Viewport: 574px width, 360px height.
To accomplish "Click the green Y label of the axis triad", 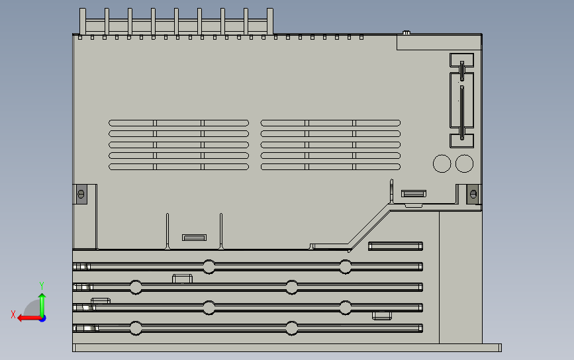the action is [x=42, y=286].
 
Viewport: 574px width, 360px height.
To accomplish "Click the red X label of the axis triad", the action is [x=13, y=314].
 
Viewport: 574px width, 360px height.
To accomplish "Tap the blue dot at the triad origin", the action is [x=43, y=319].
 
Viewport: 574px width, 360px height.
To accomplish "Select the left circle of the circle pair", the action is [x=442, y=163].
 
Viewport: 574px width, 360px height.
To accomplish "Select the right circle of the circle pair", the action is [x=464, y=163].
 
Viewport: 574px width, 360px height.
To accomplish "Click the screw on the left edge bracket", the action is [x=81, y=195].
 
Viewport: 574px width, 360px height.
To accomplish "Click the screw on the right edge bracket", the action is [x=473, y=195].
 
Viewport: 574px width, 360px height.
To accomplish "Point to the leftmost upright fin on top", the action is [x=82, y=21].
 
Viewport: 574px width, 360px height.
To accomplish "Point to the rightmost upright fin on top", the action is [x=270, y=21].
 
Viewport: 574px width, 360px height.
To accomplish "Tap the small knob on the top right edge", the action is [x=407, y=32].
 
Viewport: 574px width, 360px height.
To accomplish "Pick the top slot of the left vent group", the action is [x=179, y=123].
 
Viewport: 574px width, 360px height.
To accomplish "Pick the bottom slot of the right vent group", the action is [x=330, y=167].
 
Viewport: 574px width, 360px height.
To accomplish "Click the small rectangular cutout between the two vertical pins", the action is [x=195, y=238].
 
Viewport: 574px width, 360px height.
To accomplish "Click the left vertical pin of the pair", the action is [x=167, y=231].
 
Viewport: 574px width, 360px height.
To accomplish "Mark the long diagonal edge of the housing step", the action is [x=369, y=226].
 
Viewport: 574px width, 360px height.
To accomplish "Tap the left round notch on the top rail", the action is [x=209, y=267].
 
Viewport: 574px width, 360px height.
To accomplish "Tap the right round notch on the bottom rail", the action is [x=291, y=328].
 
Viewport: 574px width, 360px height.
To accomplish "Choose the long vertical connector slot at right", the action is [x=462, y=112].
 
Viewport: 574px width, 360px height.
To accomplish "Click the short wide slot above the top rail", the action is [x=396, y=246].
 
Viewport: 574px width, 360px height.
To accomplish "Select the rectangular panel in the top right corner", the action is [x=440, y=42].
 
